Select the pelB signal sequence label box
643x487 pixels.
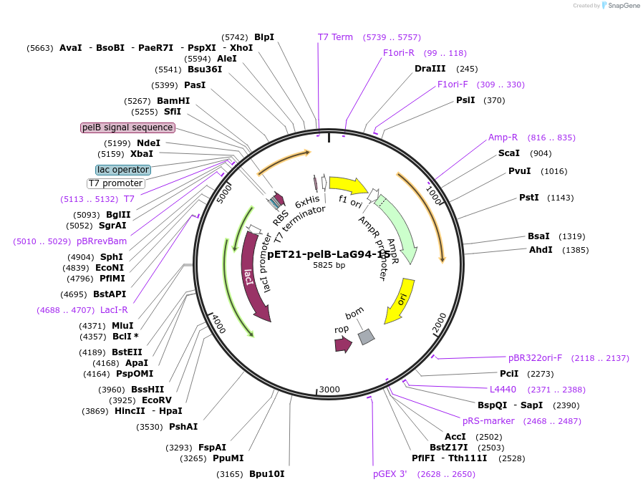(127, 127)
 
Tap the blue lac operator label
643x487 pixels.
(123, 170)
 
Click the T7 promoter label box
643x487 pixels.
(115, 183)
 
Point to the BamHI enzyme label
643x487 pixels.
(173, 101)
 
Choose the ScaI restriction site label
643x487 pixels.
(509, 153)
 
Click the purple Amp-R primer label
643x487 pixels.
(503, 138)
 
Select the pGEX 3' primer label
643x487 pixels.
(390, 474)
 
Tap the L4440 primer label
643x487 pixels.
(503, 390)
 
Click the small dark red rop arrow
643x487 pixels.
(343, 344)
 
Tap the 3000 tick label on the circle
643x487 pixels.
(329, 389)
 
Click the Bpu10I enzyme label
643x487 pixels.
(267, 474)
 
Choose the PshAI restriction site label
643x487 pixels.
(183, 427)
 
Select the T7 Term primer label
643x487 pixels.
(335, 37)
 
